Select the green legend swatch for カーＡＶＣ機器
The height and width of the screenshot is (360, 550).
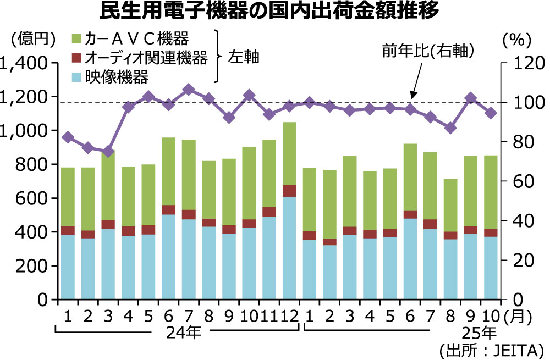pyautogui.click(x=77, y=38)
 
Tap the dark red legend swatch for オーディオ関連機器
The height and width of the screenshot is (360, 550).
pyautogui.click(x=77, y=57)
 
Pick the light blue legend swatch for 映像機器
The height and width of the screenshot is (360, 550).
pyautogui.click(x=77, y=76)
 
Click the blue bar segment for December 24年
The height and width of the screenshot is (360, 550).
pyautogui.click(x=289, y=247)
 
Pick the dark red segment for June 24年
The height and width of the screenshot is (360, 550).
pyautogui.click(x=168, y=210)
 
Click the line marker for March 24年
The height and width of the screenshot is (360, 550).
pyautogui.click(x=108, y=152)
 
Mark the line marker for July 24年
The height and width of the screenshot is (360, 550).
pyautogui.click(x=189, y=89)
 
